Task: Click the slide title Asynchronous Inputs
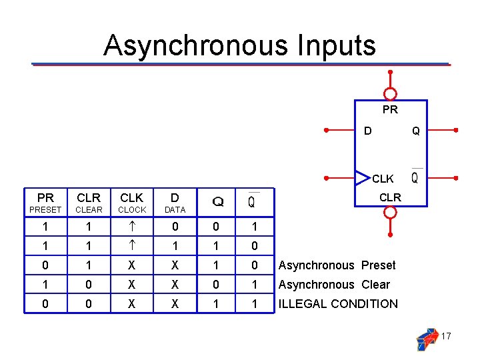(x=239, y=45)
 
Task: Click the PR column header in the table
(x=45, y=198)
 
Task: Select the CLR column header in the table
(x=89, y=198)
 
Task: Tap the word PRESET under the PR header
(x=45, y=210)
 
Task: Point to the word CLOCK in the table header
(x=132, y=210)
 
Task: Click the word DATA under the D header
(x=175, y=210)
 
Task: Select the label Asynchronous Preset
(x=337, y=265)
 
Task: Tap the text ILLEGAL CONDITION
(x=338, y=304)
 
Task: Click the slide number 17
(x=446, y=337)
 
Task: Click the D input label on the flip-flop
(x=367, y=131)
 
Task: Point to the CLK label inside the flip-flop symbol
(x=383, y=179)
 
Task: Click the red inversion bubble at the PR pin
(x=391, y=94)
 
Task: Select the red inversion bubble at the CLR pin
(x=391, y=212)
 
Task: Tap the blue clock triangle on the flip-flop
(x=362, y=177)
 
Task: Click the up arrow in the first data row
(x=131, y=227)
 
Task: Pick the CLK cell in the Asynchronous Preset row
(x=131, y=265)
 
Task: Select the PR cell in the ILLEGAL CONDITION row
(x=45, y=304)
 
